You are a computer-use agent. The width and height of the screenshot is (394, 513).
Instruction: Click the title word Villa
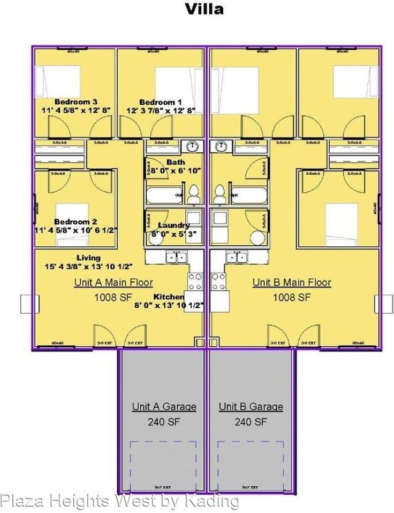point(204,9)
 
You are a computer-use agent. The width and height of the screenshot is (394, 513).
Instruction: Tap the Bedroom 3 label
point(75,102)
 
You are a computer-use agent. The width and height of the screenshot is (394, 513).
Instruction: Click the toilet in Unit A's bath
point(193,195)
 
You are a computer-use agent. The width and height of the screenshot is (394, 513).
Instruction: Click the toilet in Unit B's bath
point(219,195)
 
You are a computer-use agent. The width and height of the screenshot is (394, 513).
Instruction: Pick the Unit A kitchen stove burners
point(195,281)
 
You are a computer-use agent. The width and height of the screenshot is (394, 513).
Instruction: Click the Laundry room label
point(171,225)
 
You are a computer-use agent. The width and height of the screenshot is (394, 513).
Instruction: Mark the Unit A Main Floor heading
point(113,283)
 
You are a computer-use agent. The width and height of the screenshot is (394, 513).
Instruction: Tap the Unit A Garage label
point(164,407)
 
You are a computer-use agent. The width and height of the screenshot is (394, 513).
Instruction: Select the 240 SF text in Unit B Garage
point(251,422)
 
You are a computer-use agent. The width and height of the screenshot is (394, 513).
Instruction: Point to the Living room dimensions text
point(88,266)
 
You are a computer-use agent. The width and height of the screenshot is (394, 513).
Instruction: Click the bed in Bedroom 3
point(58,81)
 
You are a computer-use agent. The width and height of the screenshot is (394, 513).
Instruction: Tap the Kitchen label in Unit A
point(169,297)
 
